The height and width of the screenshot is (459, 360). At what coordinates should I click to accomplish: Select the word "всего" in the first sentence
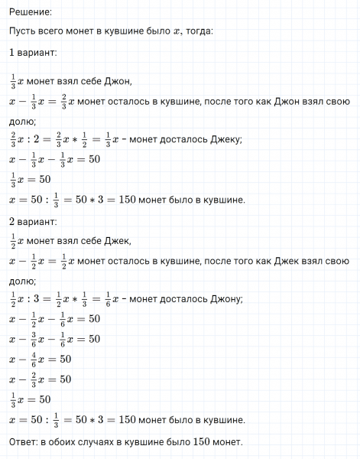point(56,31)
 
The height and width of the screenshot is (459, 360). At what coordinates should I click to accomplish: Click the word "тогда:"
point(198,31)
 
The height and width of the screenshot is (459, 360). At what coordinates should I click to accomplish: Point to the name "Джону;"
point(225,299)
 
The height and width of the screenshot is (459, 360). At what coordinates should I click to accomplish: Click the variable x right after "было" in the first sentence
point(174,31)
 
